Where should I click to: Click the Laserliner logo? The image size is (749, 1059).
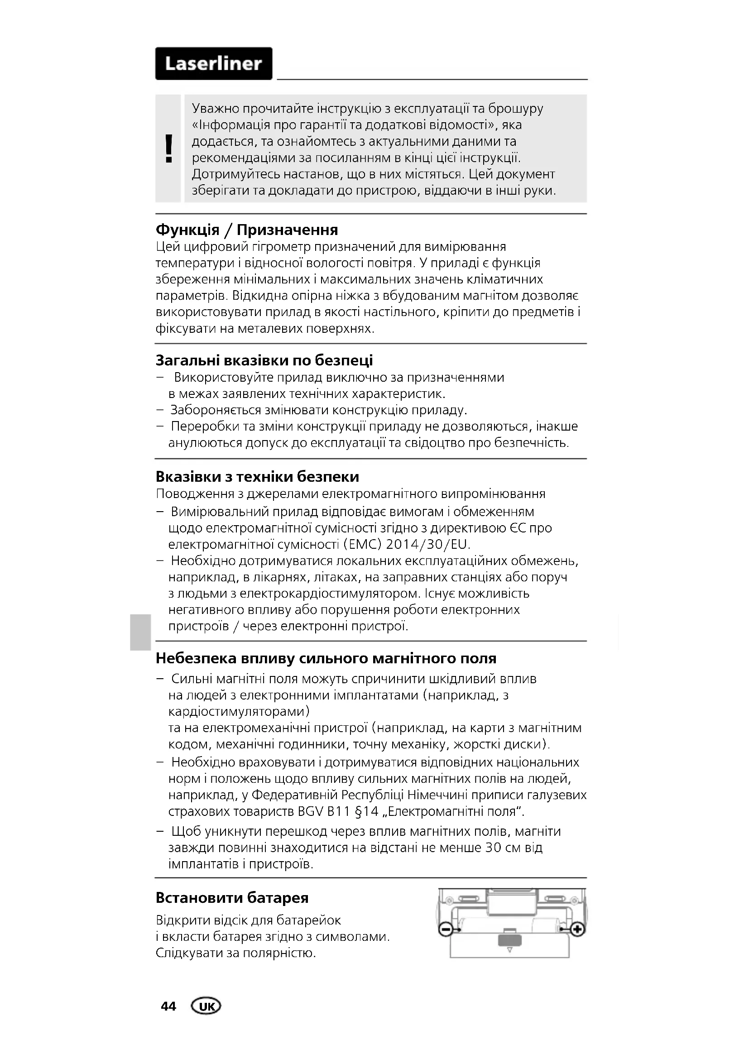tap(214, 64)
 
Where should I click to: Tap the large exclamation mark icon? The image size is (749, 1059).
tap(169, 149)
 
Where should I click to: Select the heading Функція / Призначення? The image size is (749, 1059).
tap(247, 229)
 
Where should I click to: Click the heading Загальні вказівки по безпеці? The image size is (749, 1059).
tap(264, 360)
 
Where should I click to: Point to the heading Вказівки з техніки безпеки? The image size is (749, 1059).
tap(257, 476)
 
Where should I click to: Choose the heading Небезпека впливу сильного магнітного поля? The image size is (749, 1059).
tap(326, 658)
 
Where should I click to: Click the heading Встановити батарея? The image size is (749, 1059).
tap(232, 897)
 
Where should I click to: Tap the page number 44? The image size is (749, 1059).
tap(168, 1006)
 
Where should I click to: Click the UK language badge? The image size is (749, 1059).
tap(206, 1006)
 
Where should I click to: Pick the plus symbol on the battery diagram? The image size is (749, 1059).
tap(578, 930)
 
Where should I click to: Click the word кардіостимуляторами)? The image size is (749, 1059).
tap(239, 711)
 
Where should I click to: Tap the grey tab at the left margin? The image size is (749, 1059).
tap(139, 632)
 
